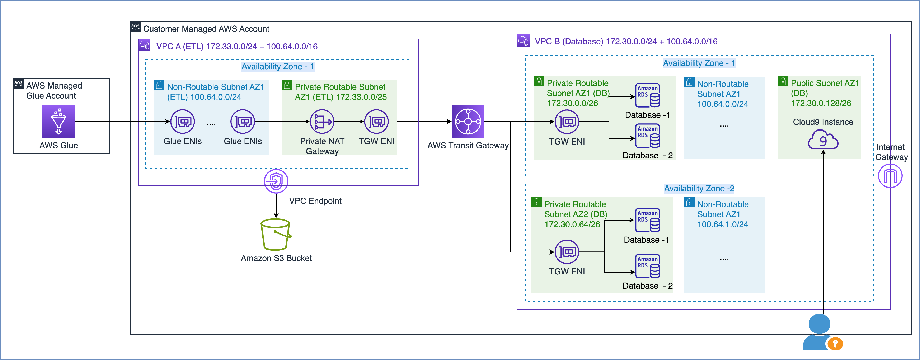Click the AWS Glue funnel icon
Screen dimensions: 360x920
coord(58,122)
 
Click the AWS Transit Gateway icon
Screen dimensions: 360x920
coord(468,122)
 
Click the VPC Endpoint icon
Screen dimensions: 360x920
coord(276,181)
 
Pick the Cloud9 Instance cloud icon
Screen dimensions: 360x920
coord(823,140)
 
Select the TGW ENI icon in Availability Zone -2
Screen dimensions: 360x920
coord(567,252)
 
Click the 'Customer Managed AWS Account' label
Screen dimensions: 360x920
coord(206,29)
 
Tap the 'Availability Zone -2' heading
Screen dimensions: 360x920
coord(699,189)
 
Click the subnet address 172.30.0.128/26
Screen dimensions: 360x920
coord(821,103)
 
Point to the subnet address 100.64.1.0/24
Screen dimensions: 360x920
coord(723,224)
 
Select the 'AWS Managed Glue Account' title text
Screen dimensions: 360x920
coord(54,91)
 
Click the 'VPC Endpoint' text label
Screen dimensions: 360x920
coord(315,201)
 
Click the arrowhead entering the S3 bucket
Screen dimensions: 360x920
coord(276,215)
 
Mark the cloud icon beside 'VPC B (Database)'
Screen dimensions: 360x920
coord(523,41)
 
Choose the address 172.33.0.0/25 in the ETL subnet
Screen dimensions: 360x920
coord(361,97)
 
